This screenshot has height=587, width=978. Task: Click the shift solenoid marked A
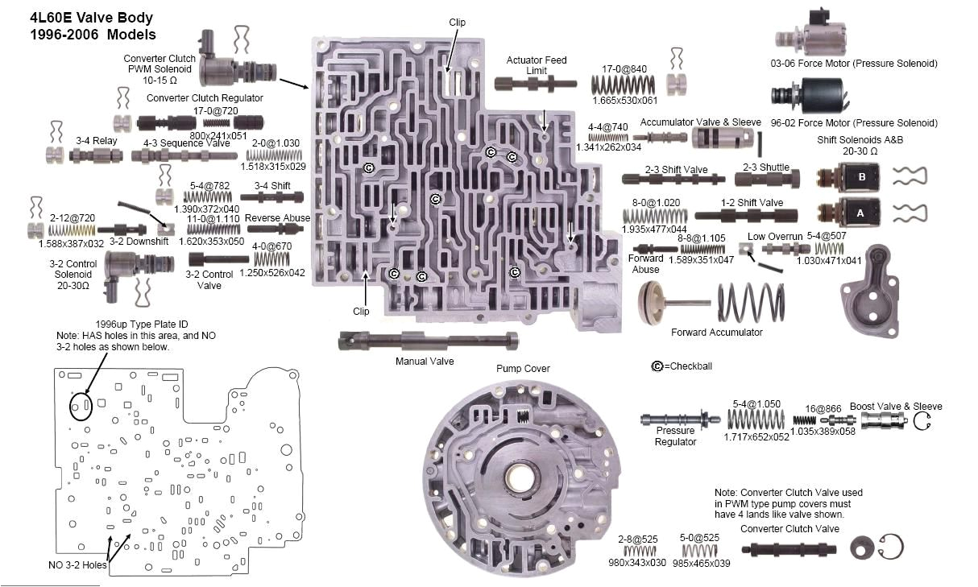(x=843, y=215)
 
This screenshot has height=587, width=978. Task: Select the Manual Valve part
(x=427, y=341)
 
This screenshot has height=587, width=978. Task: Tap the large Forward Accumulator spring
(x=750, y=305)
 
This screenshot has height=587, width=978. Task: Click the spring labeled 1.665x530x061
(x=624, y=83)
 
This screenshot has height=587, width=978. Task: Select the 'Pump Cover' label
(x=524, y=369)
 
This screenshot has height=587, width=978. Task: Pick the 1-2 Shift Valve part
(x=745, y=215)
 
